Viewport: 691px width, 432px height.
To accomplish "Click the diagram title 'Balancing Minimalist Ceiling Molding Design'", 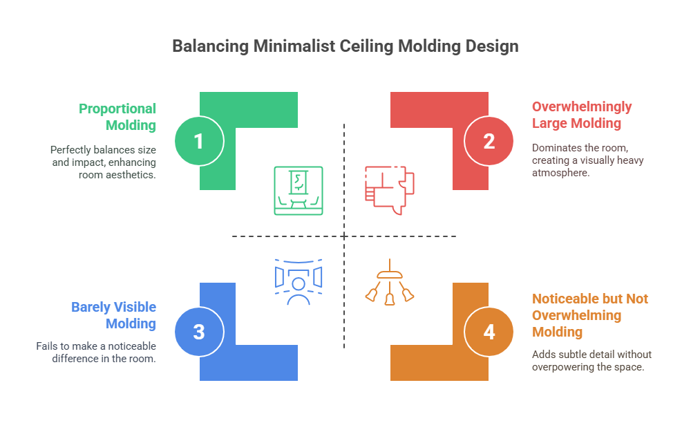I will click(345, 46).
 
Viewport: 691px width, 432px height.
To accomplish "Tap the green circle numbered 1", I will click(199, 141).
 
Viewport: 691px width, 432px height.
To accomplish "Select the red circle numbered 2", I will click(489, 141).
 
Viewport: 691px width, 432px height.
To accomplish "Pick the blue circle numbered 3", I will click(199, 332).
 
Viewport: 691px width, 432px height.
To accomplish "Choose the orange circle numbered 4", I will click(489, 332).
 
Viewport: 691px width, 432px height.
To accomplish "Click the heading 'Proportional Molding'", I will click(117, 117).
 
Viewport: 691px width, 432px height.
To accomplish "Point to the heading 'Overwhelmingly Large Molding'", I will click(582, 115).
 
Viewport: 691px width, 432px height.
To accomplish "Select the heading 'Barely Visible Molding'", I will click(114, 315).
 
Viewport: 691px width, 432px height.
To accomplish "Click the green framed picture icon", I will click(299, 190).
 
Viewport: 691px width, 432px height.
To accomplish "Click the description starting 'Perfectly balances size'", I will click(103, 162).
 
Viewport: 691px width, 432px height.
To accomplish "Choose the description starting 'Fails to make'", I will click(96, 352).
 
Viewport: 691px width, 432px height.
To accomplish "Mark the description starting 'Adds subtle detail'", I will click(591, 361).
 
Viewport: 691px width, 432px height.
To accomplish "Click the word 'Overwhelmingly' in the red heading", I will click(582, 106).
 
